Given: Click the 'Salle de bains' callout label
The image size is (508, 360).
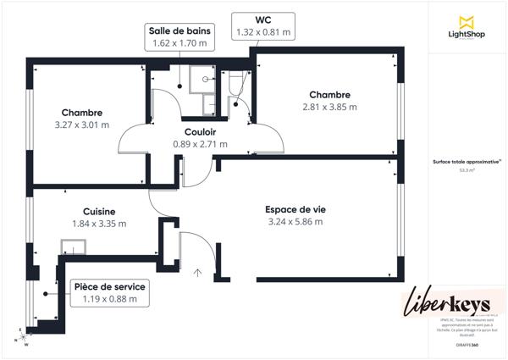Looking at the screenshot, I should click(179, 30).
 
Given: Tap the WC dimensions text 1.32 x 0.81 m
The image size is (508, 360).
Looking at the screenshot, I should click(262, 32).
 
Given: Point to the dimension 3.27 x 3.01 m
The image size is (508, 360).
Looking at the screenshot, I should click(82, 125).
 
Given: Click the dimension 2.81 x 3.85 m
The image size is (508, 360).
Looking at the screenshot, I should click(329, 107).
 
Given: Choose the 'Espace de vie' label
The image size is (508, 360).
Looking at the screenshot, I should click(294, 209).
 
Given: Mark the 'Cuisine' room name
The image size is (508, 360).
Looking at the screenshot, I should click(99, 212).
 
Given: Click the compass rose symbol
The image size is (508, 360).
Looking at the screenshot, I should click(25, 336).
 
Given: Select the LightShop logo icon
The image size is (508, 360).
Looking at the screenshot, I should click(465, 22).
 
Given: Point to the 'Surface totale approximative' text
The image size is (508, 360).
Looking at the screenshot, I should click(465, 162).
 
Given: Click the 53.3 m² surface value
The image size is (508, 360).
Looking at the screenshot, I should click(465, 170).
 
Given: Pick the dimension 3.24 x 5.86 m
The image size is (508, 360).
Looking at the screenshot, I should click(294, 222).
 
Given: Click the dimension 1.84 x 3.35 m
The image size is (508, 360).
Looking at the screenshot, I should click(99, 224).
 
